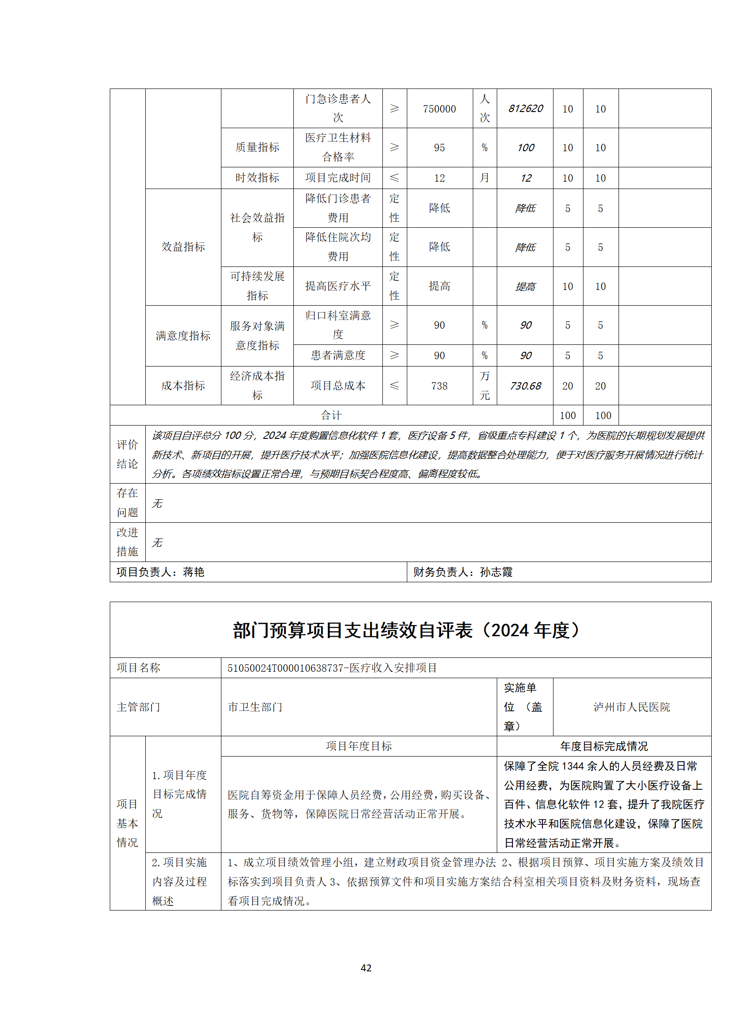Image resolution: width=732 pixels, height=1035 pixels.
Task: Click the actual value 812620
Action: pos(525,109)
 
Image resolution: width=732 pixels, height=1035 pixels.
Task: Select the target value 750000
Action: pos(439,109)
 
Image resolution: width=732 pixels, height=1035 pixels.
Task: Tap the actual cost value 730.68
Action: pos(525,386)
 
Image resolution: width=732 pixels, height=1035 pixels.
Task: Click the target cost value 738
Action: pos(439,386)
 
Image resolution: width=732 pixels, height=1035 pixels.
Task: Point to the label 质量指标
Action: pos(257,148)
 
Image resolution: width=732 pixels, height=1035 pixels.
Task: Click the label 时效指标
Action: pos(257,178)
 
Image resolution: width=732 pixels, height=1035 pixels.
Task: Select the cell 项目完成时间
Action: pos(338,178)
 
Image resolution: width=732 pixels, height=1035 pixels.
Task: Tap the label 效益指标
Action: pos(183,247)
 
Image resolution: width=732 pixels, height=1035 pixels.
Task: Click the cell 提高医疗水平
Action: pos(338,286)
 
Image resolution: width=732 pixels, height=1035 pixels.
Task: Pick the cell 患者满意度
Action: pos(338,355)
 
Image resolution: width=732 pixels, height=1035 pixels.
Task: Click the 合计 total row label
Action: pos(331,415)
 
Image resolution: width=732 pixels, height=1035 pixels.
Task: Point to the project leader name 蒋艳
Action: pos(194,572)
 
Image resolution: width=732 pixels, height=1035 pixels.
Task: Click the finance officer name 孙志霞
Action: pos(496,572)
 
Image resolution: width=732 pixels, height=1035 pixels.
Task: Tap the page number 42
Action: pos(366,968)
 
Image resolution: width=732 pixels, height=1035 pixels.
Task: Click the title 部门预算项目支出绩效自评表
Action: pos(353,630)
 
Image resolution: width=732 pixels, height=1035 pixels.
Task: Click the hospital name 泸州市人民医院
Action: pos(631,707)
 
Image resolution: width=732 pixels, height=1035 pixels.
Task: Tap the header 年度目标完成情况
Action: pos(604,746)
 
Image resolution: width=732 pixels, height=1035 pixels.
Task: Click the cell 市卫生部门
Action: pos(255,707)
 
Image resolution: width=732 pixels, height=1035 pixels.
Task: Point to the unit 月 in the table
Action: pos(484,178)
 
